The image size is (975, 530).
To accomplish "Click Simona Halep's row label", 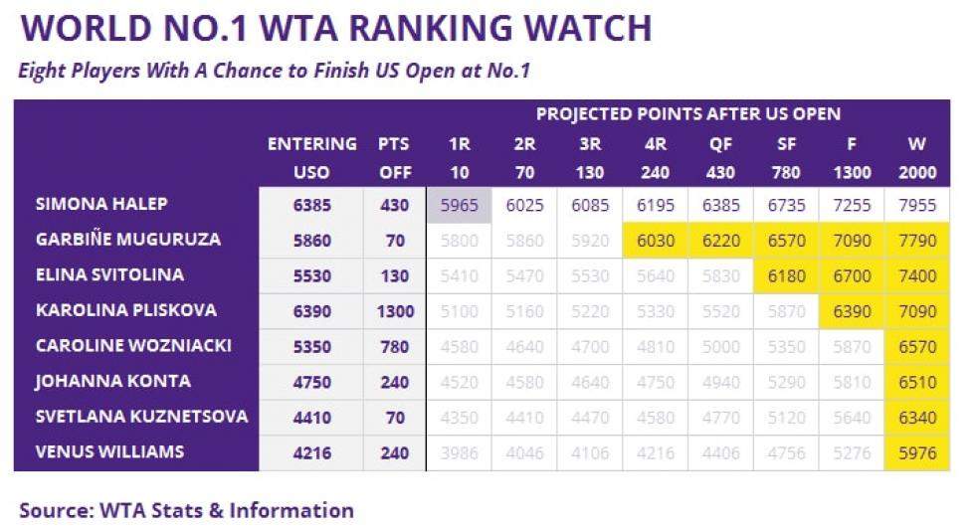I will (101, 205).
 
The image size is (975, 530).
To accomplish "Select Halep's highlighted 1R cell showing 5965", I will (459, 206).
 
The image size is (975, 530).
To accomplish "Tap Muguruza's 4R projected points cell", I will (656, 241).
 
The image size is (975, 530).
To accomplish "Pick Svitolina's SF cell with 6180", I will (786, 275).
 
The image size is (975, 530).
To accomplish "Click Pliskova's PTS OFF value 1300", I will (395, 311).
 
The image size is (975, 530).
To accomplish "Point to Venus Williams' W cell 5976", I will (916, 452).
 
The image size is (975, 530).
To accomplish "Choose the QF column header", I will (720, 144).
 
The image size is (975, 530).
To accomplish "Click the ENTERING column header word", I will (311, 144).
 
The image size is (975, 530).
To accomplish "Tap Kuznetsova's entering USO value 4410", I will (311, 417).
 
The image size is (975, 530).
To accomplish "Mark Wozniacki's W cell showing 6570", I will (916, 346).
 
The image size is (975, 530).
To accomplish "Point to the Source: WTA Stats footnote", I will (186, 511).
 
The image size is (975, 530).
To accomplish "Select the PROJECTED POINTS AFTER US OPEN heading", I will (688, 113).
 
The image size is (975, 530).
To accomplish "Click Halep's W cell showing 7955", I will (916, 206).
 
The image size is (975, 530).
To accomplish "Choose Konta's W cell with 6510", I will (916, 382).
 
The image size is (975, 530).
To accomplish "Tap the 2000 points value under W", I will (916, 173).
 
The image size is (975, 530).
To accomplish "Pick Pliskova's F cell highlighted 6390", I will (852, 311).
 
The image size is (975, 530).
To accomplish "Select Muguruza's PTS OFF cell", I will (395, 241).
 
